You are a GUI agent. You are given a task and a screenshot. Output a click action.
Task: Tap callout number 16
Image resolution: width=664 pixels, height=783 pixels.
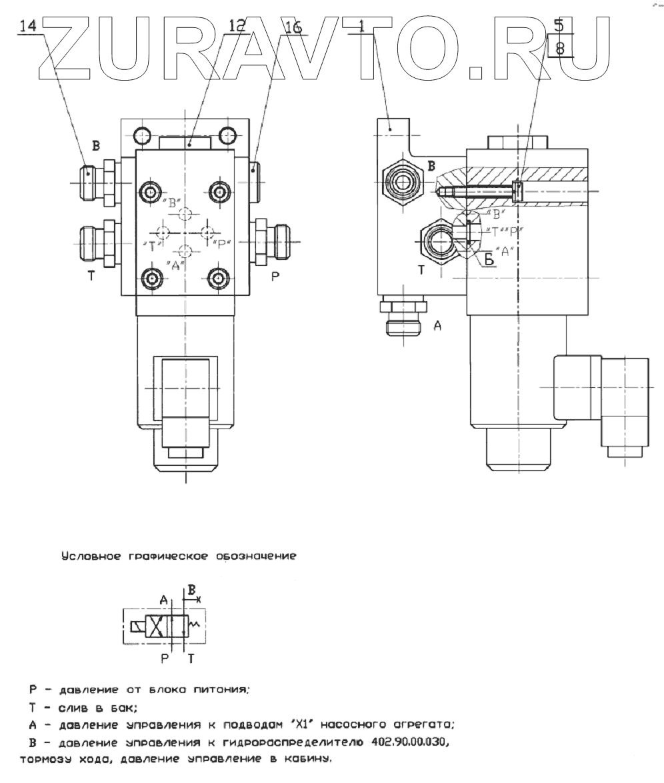293,27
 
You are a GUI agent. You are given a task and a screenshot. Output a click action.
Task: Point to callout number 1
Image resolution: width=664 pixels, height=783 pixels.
361,26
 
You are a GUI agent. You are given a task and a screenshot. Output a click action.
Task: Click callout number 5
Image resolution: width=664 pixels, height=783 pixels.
559,26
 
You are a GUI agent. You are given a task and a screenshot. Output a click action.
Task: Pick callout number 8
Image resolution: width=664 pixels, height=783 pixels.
560,48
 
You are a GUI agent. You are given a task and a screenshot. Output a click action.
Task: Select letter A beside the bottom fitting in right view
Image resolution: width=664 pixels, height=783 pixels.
437,325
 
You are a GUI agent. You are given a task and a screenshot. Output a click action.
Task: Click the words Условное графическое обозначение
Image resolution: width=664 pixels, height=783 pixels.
178,556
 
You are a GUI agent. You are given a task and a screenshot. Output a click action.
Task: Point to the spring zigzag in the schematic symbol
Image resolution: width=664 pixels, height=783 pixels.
195,624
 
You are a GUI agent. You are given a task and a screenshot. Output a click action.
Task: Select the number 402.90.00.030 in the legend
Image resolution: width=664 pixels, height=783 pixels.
404,742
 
